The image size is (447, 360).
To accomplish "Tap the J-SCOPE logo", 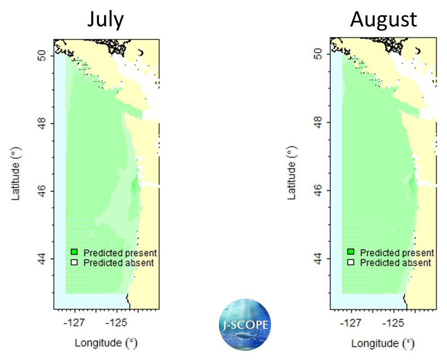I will click(244, 325).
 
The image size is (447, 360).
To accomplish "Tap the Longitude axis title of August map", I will click(383, 343).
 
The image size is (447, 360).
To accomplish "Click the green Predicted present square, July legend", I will click(75, 253).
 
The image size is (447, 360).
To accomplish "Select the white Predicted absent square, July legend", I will click(75, 263).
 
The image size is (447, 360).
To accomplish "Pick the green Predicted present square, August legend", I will click(351, 253).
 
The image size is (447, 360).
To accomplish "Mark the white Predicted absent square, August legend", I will click(351, 263).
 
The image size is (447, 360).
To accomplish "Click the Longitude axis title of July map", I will click(106, 343).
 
